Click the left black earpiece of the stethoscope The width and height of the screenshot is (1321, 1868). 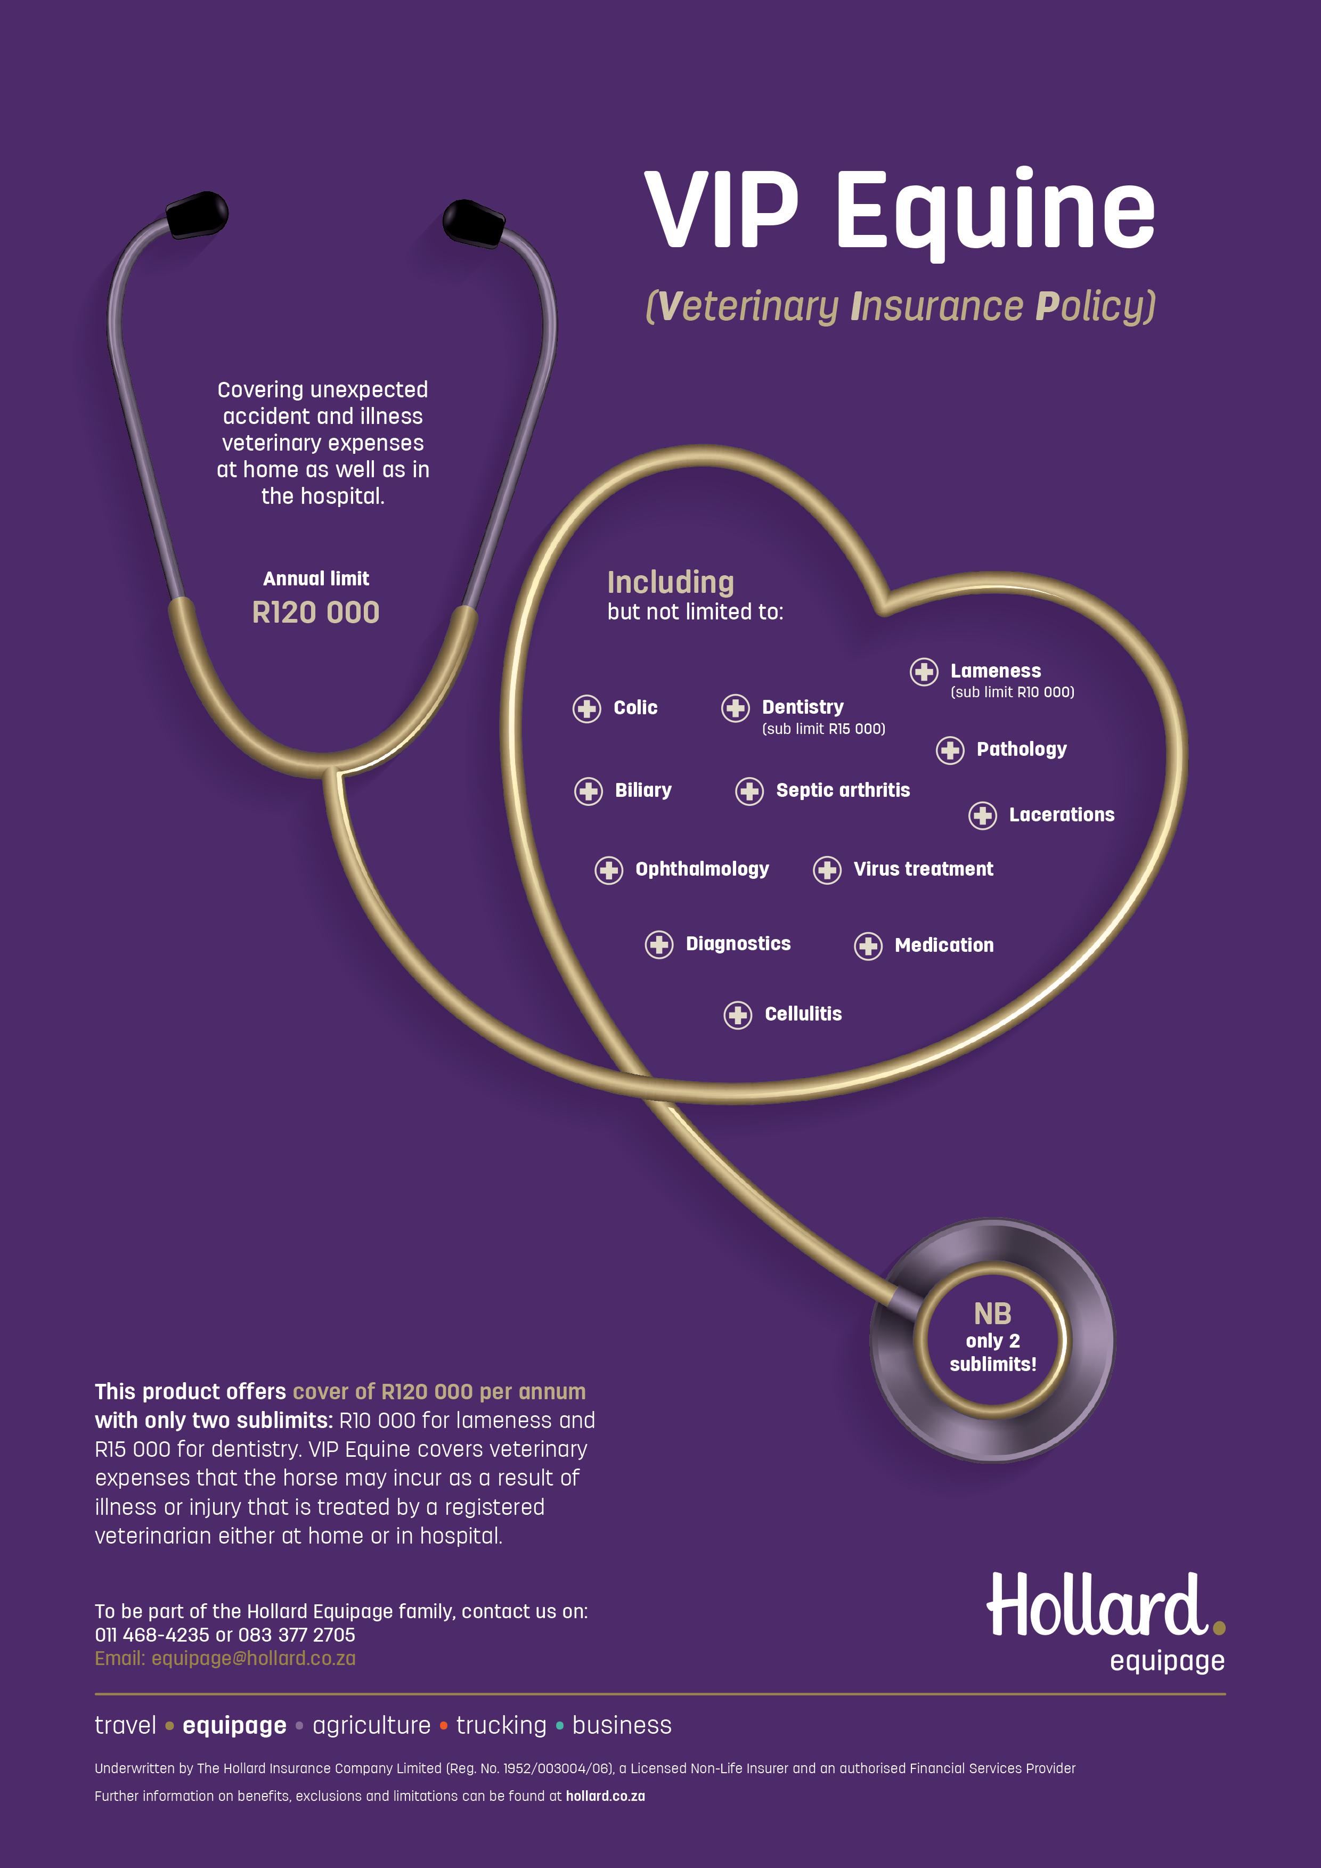pos(197,214)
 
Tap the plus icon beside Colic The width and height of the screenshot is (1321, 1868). pos(586,708)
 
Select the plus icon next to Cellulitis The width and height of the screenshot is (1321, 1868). pos(738,1015)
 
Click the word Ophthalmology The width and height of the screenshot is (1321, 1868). pos(702,869)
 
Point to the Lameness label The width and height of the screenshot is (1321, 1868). pos(996,671)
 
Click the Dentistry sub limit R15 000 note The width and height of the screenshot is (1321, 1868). pos(823,729)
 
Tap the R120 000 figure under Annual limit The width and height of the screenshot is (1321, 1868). pos(316,613)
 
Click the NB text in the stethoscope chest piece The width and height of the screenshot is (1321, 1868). pos(992,1314)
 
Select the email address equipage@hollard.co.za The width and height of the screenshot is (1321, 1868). pos(254,1658)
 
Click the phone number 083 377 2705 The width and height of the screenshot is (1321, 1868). pos(296,1635)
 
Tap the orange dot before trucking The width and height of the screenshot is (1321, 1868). pos(443,1726)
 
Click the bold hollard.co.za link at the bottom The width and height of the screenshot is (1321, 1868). pos(605,1796)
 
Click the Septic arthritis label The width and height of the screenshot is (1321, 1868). pos(843,790)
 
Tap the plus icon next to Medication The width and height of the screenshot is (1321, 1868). pos(868,946)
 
